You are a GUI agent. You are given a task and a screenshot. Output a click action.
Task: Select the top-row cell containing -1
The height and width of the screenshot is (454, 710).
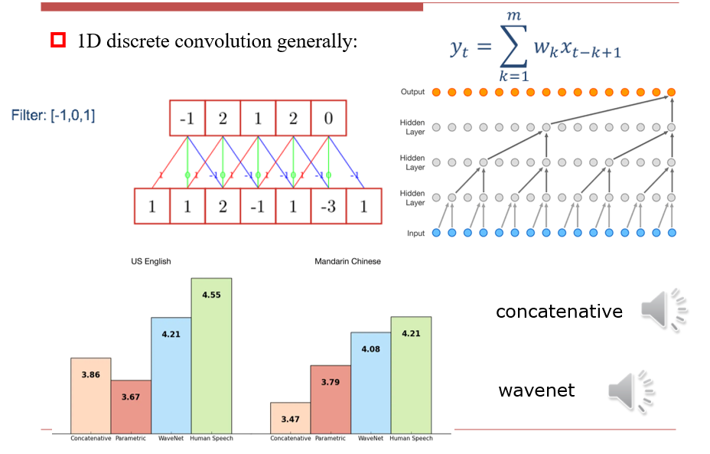(x=187, y=119)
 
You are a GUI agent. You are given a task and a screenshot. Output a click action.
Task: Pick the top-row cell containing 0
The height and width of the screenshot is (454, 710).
(x=328, y=119)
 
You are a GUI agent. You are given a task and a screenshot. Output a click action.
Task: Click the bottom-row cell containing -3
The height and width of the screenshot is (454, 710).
(x=328, y=207)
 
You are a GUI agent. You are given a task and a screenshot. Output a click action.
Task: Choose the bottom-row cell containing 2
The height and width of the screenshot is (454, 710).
(x=223, y=207)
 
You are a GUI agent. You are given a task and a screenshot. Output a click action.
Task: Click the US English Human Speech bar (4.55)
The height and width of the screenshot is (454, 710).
(x=211, y=355)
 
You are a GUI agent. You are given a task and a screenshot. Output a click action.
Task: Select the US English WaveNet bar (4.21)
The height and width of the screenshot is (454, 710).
(x=171, y=374)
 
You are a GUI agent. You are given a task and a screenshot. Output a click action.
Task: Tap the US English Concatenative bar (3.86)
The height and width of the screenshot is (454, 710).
(x=91, y=395)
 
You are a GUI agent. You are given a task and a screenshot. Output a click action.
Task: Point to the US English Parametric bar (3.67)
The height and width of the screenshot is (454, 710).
(x=131, y=407)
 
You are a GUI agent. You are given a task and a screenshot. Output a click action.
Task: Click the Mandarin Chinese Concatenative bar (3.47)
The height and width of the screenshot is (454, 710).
(x=290, y=417)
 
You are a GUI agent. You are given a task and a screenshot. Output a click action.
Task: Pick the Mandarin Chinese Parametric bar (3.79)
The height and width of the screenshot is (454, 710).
(x=331, y=399)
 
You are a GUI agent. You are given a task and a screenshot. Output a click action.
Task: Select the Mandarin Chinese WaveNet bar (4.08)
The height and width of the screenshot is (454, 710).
(x=370, y=382)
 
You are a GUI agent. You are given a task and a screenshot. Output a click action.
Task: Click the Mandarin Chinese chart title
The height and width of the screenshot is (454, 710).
(x=347, y=262)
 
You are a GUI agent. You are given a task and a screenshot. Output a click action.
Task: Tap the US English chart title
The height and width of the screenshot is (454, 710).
(x=151, y=262)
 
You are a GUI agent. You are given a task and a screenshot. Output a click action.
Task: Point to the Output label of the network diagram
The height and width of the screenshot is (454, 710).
(x=412, y=93)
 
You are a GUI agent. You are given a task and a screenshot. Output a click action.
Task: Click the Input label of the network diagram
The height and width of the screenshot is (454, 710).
(x=415, y=233)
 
